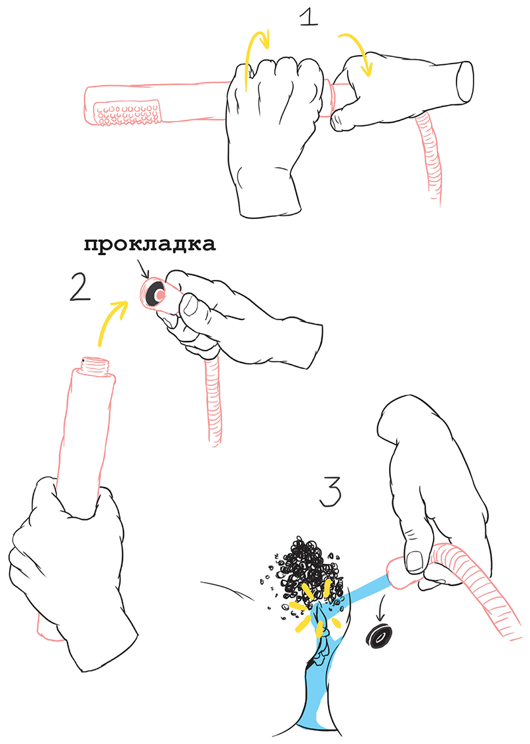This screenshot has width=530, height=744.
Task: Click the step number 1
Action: [x=309, y=18]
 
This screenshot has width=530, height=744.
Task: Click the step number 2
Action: [x=80, y=288]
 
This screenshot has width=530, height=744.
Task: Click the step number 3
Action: [x=330, y=492]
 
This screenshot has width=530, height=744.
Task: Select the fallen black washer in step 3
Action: [x=380, y=636]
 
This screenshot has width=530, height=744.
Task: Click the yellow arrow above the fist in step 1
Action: [x=256, y=57]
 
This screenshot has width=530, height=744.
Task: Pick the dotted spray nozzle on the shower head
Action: [x=127, y=113]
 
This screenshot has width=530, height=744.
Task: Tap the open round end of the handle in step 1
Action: [x=465, y=81]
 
